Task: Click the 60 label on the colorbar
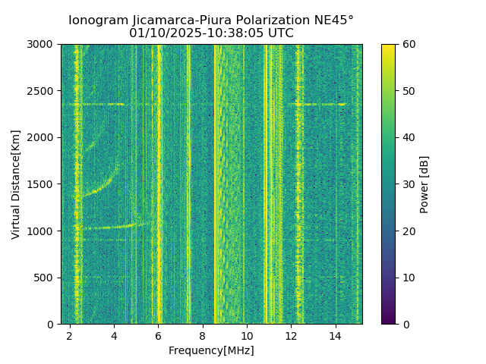click(x=409, y=44)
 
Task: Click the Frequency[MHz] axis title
click(x=211, y=350)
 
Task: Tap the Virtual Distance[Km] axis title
click(x=16, y=184)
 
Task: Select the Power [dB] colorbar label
click(x=424, y=184)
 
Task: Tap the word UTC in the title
click(x=280, y=33)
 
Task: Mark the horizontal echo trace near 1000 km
click(x=106, y=227)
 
